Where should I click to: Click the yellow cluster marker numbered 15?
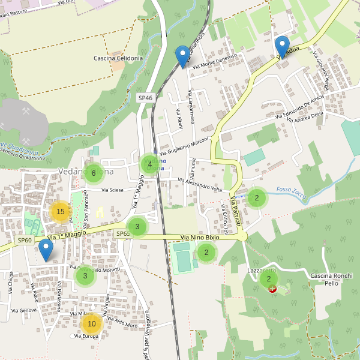tap(60, 212)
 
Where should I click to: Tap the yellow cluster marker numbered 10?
tap(91, 324)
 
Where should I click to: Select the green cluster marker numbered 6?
tap(93, 173)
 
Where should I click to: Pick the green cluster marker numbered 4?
tap(149, 164)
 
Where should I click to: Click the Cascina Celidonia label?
tap(118, 58)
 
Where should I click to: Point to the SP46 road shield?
tap(145, 97)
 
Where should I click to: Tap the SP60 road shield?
tap(24, 241)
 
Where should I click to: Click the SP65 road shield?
tap(122, 234)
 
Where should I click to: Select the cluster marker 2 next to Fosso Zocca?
tap(256, 197)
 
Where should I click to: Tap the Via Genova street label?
tap(24, 310)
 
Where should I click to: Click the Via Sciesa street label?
tap(112, 190)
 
